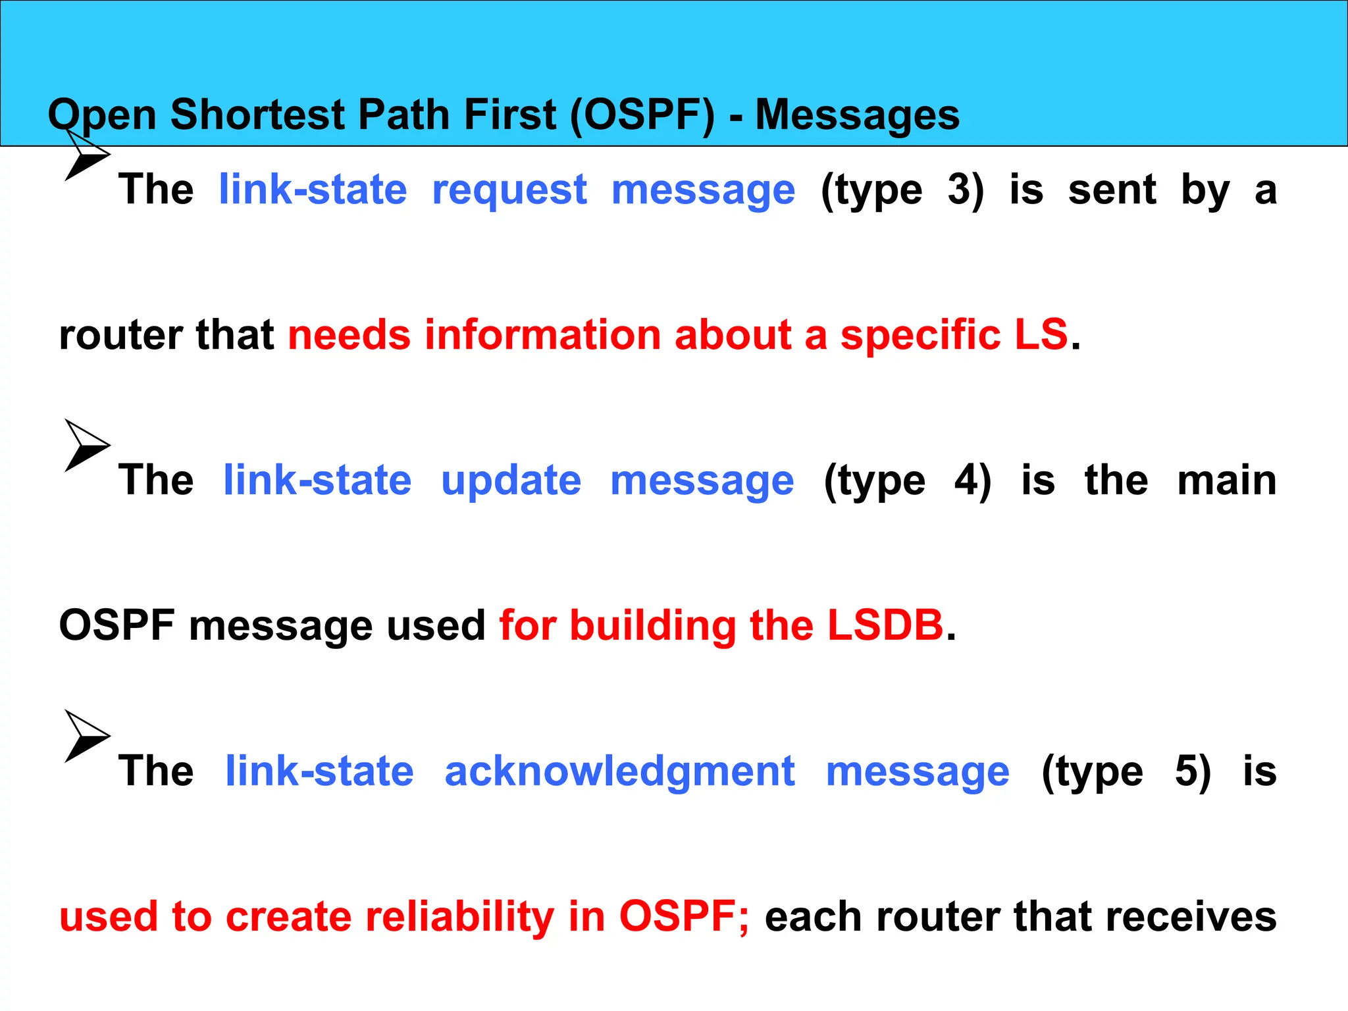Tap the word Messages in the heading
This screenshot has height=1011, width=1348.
point(857,115)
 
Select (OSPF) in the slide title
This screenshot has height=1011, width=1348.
point(642,115)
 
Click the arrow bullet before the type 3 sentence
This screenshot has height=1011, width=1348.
point(86,155)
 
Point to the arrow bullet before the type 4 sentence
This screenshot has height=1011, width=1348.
point(86,446)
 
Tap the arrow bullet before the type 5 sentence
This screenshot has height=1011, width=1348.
point(86,737)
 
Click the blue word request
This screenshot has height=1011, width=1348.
point(509,191)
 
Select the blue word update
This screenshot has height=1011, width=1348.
point(511,480)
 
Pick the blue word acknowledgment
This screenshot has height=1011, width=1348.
point(619,771)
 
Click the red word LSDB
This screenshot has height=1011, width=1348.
point(885,625)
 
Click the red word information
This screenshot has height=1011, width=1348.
point(542,334)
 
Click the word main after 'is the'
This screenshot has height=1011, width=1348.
point(1226,480)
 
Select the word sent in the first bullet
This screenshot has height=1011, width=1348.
point(1112,190)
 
